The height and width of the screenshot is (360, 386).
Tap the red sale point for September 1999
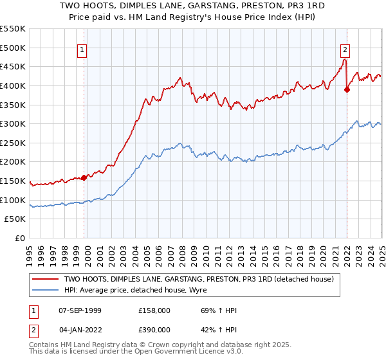tap(84, 177)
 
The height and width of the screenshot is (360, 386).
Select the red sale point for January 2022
tap(347, 89)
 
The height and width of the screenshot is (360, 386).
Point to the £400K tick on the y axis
tap(14, 85)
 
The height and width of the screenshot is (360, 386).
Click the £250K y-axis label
tap(14, 143)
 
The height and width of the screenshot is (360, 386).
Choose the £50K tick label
tap(16, 219)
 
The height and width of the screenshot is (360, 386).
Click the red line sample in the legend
tap(46, 280)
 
